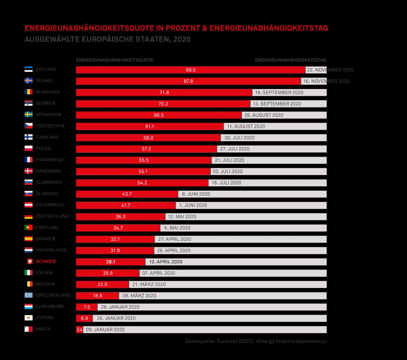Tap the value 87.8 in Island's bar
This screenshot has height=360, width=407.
[x=188, y=81]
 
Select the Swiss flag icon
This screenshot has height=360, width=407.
[x=30, y=261]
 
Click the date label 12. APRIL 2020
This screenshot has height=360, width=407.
[x=166, y=262]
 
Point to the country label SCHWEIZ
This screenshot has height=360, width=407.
[x=46, y=261]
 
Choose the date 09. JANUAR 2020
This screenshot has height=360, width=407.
[x=105, y=330]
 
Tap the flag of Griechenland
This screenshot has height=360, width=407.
[x=28, y=295]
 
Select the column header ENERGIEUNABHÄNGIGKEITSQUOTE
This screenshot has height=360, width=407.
[x=115, y=60]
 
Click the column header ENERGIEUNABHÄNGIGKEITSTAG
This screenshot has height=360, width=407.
[x=290, y=60]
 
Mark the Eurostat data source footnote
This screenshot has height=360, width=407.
[x=256, y=341]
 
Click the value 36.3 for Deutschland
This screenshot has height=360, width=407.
[x=121, y=217]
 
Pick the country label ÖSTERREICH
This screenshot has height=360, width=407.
[x=50, y=205]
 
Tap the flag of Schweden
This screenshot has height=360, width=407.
[x=28, y=114]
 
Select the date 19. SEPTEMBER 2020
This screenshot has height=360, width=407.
[x=279, y=92]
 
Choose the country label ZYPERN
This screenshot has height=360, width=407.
[x=44, y=317]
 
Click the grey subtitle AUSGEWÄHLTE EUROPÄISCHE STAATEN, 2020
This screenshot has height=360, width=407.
[x=107, y=39]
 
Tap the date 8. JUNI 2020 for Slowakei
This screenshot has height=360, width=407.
[x=196, y=194]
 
